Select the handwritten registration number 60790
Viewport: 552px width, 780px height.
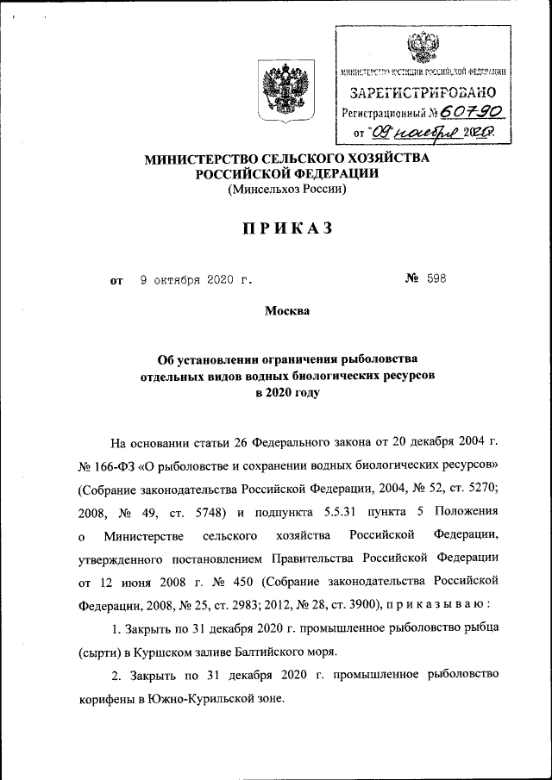tap(472, 112)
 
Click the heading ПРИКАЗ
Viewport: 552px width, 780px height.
tap(285, 228)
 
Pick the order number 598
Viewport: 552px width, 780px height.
tap(437, 280)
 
